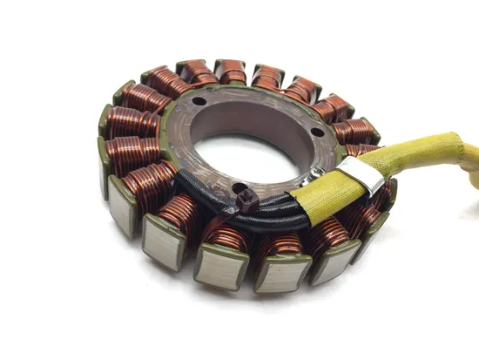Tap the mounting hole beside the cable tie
tap(228, 187)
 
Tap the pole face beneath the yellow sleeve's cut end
tap(280, 273)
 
